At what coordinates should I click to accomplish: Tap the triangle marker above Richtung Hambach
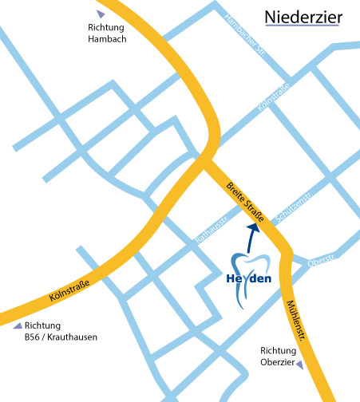100,14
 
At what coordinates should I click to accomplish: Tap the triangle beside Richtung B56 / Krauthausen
18,325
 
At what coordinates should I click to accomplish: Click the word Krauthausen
73,337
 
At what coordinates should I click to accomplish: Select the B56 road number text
34,337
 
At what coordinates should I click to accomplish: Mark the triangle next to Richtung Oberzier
300,365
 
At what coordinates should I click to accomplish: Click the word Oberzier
277,364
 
